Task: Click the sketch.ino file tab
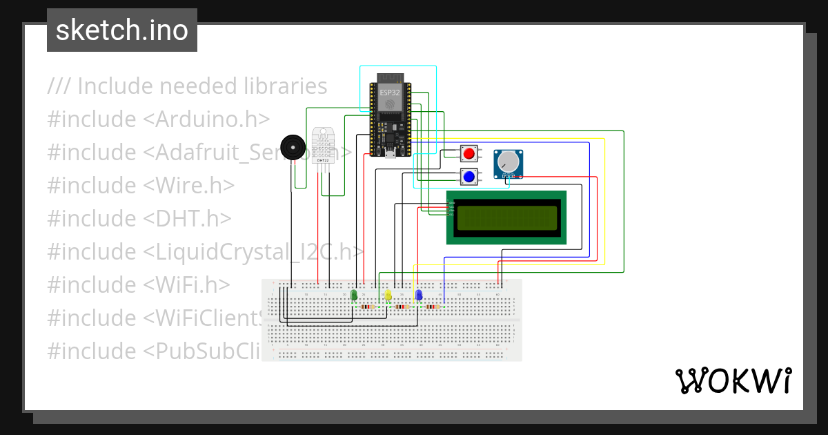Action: [x=121, y=30]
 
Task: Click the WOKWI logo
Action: [x=733, y=381]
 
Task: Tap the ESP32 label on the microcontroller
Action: [x=390, y=92]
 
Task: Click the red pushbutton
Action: [x=469, y=153]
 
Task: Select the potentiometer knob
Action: [x=509, y=162]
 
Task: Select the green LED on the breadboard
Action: [x=354, y=296]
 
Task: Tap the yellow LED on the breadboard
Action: [x=388, y=296]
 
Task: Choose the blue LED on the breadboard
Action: [x=418, y=296]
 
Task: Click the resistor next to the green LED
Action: [x=368, y=307]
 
